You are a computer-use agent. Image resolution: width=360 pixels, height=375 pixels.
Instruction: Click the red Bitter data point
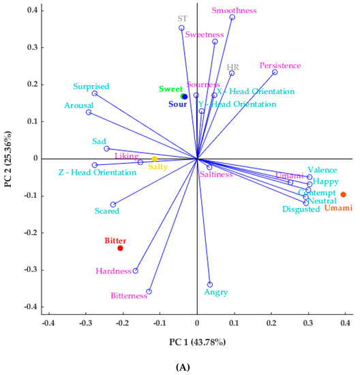click(120, 248)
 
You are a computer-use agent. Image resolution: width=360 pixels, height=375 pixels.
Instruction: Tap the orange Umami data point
click(343, 194)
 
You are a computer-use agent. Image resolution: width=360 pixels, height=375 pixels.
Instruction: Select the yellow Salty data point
click(155, 159)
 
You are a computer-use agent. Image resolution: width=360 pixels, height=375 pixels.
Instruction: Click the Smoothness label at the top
click(234, 11)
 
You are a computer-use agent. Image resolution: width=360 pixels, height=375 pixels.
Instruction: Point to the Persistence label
click(280, 65)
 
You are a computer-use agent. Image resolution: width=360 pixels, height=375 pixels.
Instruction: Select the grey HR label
click(232, 67)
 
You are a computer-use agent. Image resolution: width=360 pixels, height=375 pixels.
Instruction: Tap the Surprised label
click(92, 87)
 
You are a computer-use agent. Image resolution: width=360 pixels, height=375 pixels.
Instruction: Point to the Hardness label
click(112, 271)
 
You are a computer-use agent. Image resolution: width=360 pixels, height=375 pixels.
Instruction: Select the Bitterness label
click(129, 296)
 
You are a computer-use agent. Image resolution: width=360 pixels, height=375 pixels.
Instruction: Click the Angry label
click(215, 292)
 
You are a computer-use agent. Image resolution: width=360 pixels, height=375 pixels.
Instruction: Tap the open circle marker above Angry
click(210, 284)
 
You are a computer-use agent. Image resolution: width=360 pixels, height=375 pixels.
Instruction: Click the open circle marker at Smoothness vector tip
click(232, 18)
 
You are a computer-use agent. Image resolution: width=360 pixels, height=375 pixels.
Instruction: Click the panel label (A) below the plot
click(183, 367)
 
